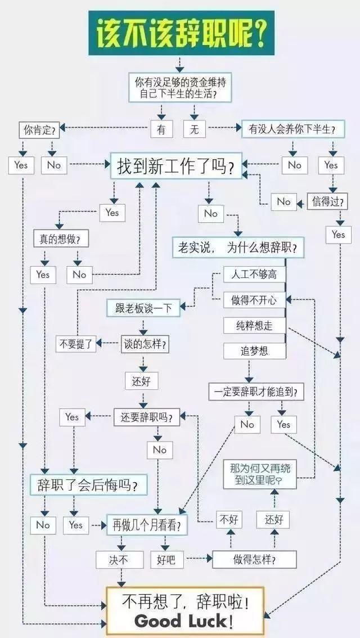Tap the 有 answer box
pos(161,129)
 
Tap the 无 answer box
pos(195,129)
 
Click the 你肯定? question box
pos(39,130)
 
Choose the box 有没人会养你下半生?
pos(292,129)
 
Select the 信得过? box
pos(327,201)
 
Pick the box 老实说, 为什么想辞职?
pos(237,247)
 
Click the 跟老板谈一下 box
pos(143,308)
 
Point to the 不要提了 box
pos(76,344)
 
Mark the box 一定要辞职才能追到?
pos(256,392)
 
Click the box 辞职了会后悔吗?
pos(88,484)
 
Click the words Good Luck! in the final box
pos(183,622)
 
